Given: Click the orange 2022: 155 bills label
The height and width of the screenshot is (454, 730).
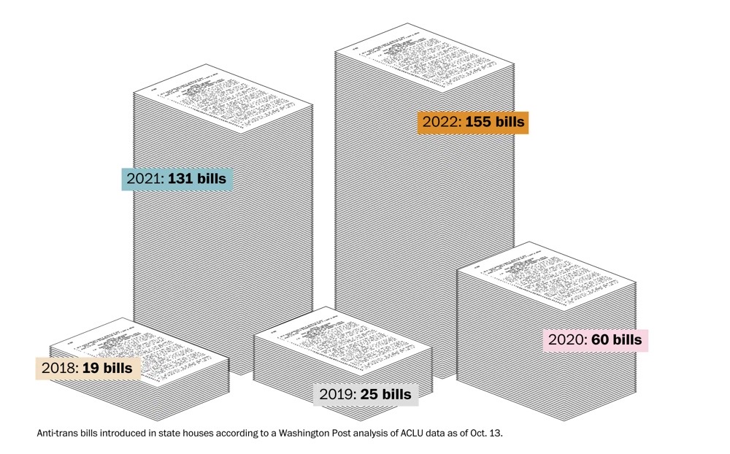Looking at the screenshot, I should (x=472, y=122).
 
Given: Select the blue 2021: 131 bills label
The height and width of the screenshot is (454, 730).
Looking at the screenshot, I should (x=177, y=178).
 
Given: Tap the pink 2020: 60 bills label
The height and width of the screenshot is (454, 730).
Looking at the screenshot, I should (x=596, y=340).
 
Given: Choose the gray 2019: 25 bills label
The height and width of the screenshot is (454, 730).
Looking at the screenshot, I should (x=366, y=395).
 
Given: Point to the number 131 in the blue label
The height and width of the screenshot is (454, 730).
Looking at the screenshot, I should (x=183, y=178).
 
